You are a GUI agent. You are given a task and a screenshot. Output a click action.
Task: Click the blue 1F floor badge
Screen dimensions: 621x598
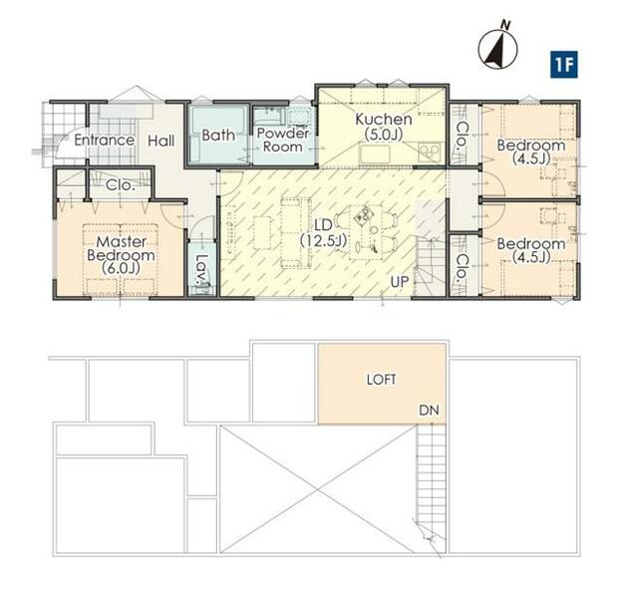click(563, 65)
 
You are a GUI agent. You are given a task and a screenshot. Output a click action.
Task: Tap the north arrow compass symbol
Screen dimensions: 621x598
click(497, 48)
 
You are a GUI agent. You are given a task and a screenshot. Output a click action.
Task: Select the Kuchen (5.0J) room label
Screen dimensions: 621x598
click(384, 127)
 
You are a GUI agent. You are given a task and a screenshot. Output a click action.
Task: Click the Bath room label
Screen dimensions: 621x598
click(218, 135)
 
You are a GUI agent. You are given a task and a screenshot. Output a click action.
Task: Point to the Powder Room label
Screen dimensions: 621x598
click(283, 140)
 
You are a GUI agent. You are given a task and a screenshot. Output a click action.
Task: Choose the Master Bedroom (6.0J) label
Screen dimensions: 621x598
click(121, 254)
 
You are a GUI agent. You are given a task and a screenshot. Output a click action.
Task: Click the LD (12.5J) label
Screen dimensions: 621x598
click(323, 233)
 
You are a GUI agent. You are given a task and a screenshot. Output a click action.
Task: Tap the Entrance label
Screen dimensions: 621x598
click(104, 140)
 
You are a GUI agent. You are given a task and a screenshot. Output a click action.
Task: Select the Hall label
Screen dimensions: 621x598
click(160, 141)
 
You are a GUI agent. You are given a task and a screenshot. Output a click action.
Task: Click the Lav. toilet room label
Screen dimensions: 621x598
click(202, 270)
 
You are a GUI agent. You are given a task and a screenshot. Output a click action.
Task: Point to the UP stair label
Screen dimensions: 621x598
click(399, 282)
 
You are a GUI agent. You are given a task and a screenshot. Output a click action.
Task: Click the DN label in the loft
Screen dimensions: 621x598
click(429, 411)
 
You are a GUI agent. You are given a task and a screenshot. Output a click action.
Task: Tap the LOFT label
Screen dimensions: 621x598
click(381, 380)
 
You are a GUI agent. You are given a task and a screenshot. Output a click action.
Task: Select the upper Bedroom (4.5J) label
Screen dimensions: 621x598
click(531, 151)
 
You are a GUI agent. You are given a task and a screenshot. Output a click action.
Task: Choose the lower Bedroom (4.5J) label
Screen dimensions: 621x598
click(531, 250)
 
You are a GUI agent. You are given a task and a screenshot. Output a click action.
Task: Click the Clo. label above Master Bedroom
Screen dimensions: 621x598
click(121, 185)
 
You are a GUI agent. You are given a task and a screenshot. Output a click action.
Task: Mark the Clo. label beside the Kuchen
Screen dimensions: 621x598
click(462, 135)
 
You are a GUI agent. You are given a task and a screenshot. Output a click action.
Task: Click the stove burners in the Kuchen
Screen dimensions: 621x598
click(430, 151)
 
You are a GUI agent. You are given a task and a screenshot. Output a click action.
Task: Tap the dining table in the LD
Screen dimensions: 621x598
click(366, 232)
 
